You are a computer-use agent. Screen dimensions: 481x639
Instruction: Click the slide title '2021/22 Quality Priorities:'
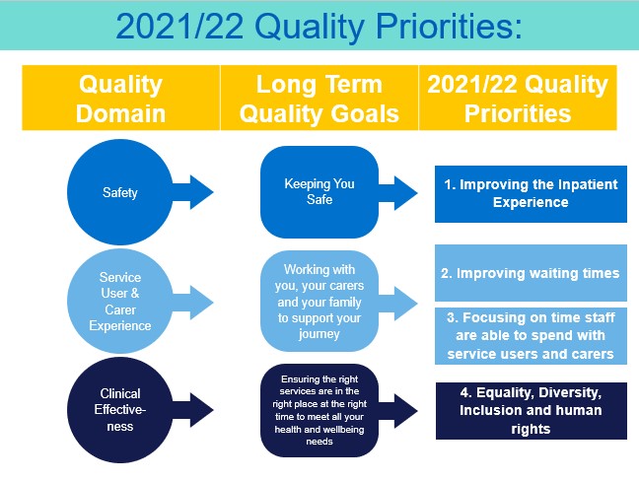pos(319,25)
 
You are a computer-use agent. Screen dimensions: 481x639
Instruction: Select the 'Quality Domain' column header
pos(120,98)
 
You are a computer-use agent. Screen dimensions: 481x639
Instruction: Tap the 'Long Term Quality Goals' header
pos(319,98)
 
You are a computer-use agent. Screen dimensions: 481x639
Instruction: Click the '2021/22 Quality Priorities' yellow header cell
pos(518,98)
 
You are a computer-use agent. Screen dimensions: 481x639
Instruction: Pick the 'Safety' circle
pos(120,193)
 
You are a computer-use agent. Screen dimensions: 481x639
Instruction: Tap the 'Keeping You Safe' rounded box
pos(319,193)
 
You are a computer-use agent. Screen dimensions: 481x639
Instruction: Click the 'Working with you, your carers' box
pos(319,300)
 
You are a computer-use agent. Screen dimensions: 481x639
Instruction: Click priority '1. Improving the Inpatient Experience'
pos(531,193)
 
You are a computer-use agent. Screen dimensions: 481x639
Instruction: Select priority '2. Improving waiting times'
pos(531,273)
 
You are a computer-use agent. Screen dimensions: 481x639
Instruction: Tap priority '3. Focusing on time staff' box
pos(531,336)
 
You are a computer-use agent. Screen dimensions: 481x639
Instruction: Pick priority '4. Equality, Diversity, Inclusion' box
pos(531,410)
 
